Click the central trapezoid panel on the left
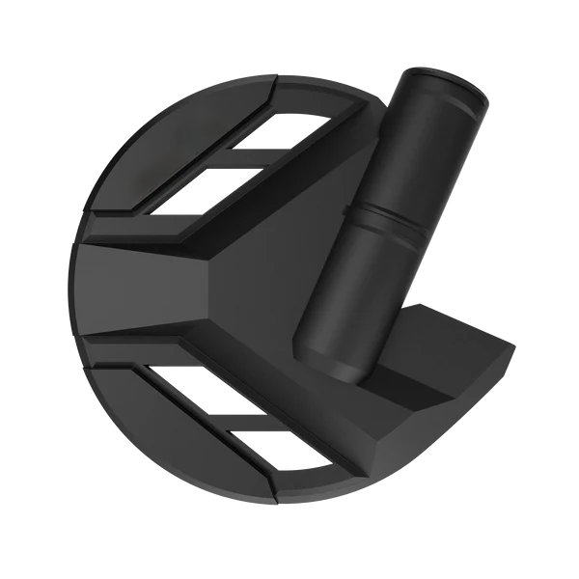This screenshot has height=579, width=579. (x=145, y=285)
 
